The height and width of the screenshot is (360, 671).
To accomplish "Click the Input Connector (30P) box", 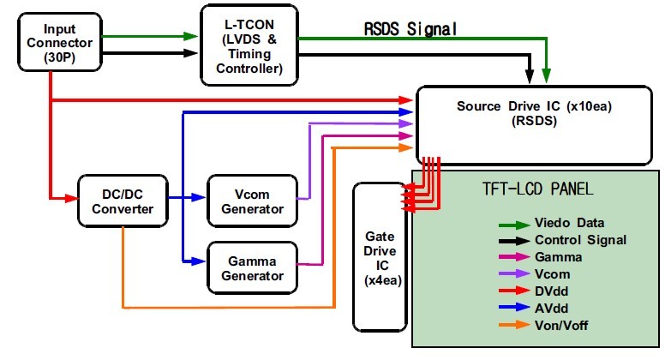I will click(x=51, y=40).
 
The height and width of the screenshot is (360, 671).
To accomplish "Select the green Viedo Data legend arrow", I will click(x=513, y=224).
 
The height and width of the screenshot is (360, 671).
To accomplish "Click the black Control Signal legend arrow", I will click(x=513, y=240).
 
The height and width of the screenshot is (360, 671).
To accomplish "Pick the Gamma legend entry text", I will click(x=559, y=256).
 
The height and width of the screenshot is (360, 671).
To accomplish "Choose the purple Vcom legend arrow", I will click(x=513, y=273).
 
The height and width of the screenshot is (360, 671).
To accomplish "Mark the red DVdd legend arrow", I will click(x=513, y=291).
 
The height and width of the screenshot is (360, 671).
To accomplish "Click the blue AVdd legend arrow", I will click(x=513, y=307).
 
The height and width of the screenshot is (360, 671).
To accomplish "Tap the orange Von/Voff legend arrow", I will click(x=513, y=324).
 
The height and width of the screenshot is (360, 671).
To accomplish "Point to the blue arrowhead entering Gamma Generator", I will click(x=199, y=259).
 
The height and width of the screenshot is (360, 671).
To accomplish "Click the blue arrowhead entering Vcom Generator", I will click(x=199, y=198).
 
